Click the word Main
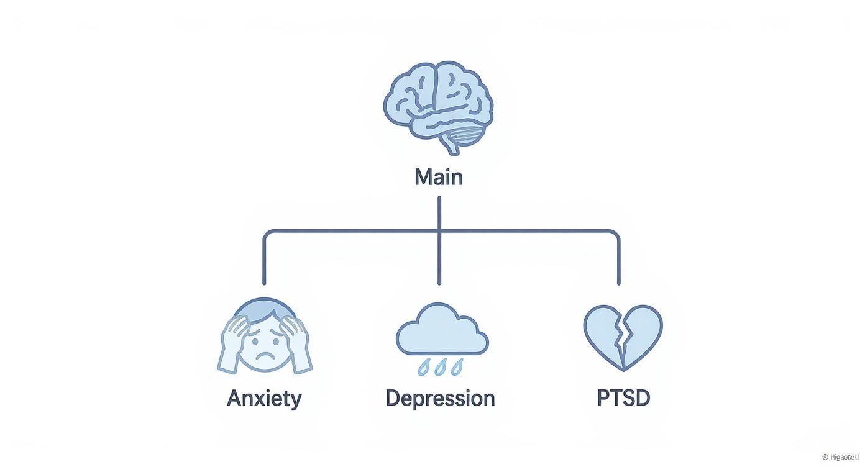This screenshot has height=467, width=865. (x=439, y=178)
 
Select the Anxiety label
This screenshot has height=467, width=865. (x=264, y=398)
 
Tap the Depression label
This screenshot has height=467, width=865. (x=440, y=398)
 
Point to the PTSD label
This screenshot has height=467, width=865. (x=623, y=398)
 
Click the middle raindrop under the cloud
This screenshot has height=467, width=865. (x=442, y=366)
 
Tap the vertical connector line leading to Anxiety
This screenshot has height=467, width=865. (x=264, y=261)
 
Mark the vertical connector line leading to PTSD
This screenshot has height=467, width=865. (x=619, y=261)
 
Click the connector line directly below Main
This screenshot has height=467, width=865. (x=439, y=214)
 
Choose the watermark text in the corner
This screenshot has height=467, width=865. (x=842, y=457)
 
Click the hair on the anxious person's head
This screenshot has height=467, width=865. (x=265, y=308)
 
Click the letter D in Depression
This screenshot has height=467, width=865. (x=393, y=398)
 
